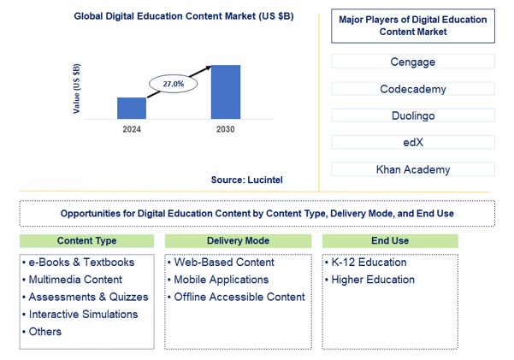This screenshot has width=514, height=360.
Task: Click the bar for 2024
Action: coord(132,108)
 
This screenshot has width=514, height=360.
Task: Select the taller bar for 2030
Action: coord(226,91)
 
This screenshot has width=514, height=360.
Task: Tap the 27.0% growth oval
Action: coord(173,85)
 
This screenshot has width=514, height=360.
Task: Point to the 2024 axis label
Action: coord(131,129)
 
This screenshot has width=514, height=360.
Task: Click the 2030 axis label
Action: coord(225,129)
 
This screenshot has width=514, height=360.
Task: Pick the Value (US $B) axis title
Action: coord(77,88)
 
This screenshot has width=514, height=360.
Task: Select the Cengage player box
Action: coord(412,62)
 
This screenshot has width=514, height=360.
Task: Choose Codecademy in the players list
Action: coord(412,89)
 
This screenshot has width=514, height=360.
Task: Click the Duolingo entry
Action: coord(412,115)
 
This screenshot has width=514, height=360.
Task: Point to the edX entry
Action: coord(412,142)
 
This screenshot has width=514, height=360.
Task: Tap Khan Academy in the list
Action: coord(412,169)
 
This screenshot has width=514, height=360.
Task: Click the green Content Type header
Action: coord(87,241)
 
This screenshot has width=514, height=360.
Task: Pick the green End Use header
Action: coord(390,241)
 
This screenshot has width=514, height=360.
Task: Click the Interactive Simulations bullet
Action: coord(83,314)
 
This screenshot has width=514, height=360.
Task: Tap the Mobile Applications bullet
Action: coord(222,280)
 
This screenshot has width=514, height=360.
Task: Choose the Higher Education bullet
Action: coord(373,280)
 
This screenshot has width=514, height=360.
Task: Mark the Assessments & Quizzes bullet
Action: coord(88,297)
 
